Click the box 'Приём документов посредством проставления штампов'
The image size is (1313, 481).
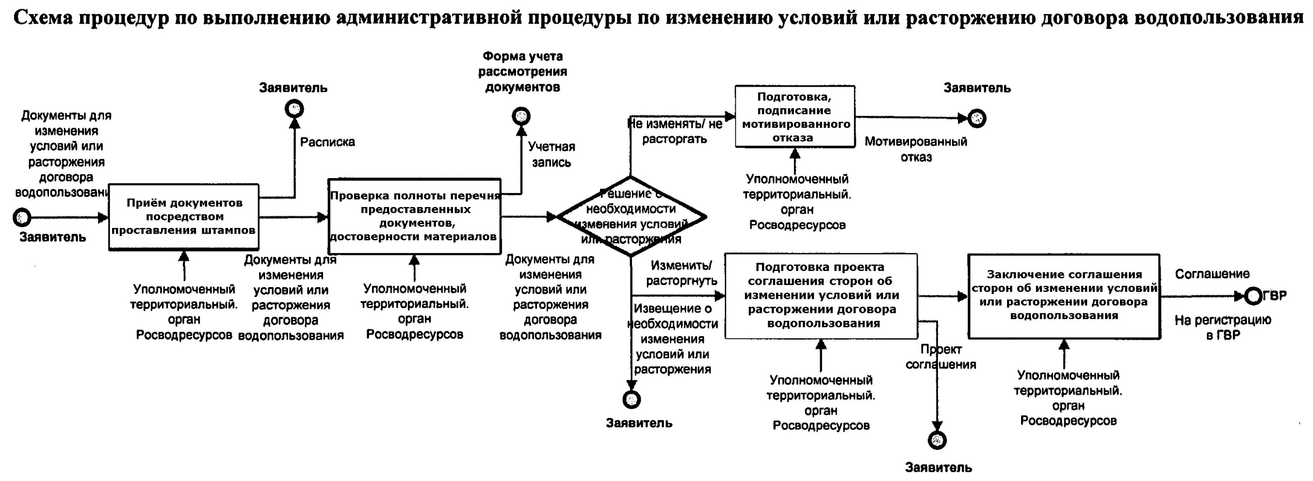pyautogui.click(x=183, y=217)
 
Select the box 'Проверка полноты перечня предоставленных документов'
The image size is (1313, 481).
pyautogui.click(x=414, y=216)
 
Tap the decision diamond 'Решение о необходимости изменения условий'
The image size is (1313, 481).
pyautogui.click(x=631, y=217)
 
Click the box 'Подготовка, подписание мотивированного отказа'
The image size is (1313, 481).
pyautogui.click(x=795, y=117)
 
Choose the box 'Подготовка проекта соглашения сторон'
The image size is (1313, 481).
pyautogui.click(x=821, y=296)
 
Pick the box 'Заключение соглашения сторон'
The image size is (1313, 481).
pyautogui.click(x=1064, y=296)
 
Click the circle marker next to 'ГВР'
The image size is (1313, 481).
pyautogui.click(x=1253, y=296)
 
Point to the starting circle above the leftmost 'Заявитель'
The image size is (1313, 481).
pyautogui.click(x=22, y=218)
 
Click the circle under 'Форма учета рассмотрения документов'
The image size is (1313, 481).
pyautogui.click(x=521, y=116)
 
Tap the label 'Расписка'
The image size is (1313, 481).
pyautogui.click(x=327, y=142)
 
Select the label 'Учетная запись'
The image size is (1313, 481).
pyautogui.click(x=551, y=155)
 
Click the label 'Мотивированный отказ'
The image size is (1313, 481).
pyautogui.click(x=916, y=149)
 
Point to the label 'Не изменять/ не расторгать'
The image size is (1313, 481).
pyautogui.click(x=675, y=131)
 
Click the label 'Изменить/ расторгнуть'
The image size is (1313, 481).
pyautogui.click(x=681, y=273)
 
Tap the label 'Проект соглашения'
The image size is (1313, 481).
pyautogui.click(x=941, y=357)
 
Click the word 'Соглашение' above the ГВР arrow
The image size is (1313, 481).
pyautogui.click(x=1212, y=274)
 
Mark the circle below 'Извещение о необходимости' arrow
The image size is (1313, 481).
pyautogui.click(x=632, y=400)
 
